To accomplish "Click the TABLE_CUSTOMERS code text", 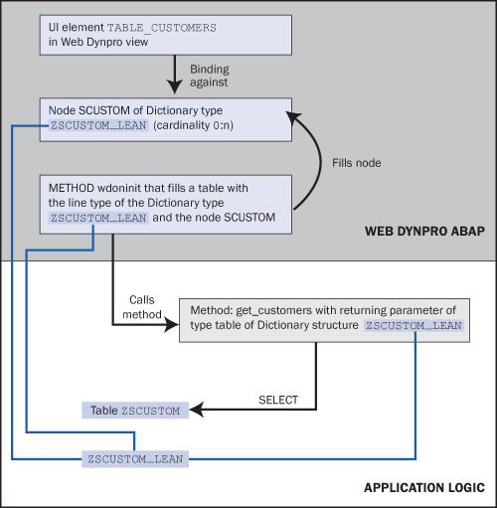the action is coord(162,28).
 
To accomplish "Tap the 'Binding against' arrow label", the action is coord(210,76).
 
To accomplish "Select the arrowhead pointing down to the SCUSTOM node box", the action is coord(175,86).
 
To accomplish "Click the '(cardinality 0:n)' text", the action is coord(193,125).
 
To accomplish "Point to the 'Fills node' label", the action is coord(357,163).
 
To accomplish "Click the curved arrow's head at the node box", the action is coord(293,117).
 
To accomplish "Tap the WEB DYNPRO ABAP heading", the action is coord(424,231).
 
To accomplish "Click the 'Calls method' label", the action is coord(142,307).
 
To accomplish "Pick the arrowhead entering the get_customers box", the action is coord(172,325).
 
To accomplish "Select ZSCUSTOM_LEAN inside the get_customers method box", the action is coord(414,325).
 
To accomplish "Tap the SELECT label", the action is coord(278,400).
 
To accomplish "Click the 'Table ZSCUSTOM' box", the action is coord(135,411).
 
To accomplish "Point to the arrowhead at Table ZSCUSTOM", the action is coord(197,410).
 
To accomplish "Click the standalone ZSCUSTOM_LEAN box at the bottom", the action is coord(135,459).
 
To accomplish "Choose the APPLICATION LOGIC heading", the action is coord(424,488).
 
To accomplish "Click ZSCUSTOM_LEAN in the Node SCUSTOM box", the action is coord(98,125).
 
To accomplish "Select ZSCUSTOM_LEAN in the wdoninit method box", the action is coord(98,218).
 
